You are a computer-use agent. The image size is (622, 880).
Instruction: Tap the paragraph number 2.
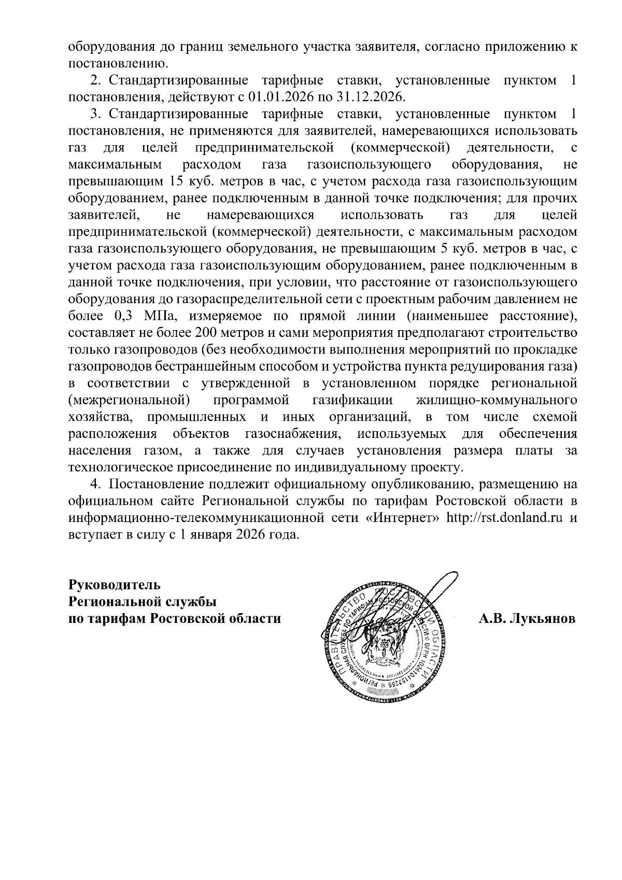[95, 80]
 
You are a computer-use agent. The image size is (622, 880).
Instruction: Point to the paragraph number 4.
[95, 485]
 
